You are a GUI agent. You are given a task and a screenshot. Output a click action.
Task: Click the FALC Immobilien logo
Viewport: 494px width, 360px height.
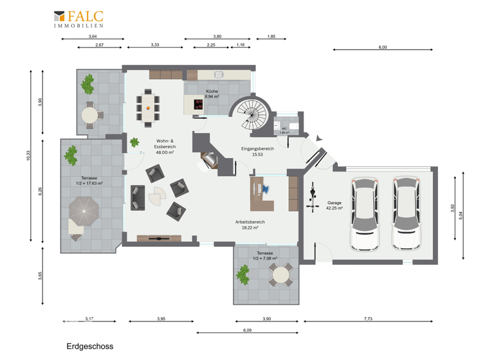coord(78,19)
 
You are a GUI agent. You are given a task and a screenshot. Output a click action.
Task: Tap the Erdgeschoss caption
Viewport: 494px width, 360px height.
coord(89,346)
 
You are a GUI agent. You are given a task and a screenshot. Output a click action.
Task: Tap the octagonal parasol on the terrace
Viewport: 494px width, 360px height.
coord(84,210)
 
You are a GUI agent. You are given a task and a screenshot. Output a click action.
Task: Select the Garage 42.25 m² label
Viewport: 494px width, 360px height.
coord(334,205)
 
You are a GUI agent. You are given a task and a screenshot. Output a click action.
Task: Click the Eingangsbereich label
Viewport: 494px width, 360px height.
coord(257,152)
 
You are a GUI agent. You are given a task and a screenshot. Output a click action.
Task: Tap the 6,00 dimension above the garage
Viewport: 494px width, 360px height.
coord(383,48)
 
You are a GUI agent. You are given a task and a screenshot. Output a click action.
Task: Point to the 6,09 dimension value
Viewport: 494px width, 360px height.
coord(248,330)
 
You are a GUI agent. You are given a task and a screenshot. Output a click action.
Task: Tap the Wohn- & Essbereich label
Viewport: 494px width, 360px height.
coord(166,144)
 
